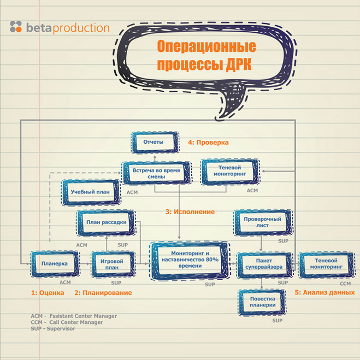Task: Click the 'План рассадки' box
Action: coord(107,222)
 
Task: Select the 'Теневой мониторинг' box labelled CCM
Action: coord(322,264)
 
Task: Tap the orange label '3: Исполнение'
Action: coord(190,211)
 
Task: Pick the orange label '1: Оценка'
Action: coord(48,293)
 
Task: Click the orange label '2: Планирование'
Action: coord(103,293)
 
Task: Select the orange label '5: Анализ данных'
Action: coord(325,293)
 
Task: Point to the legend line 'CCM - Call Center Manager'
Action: coord(66,322)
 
